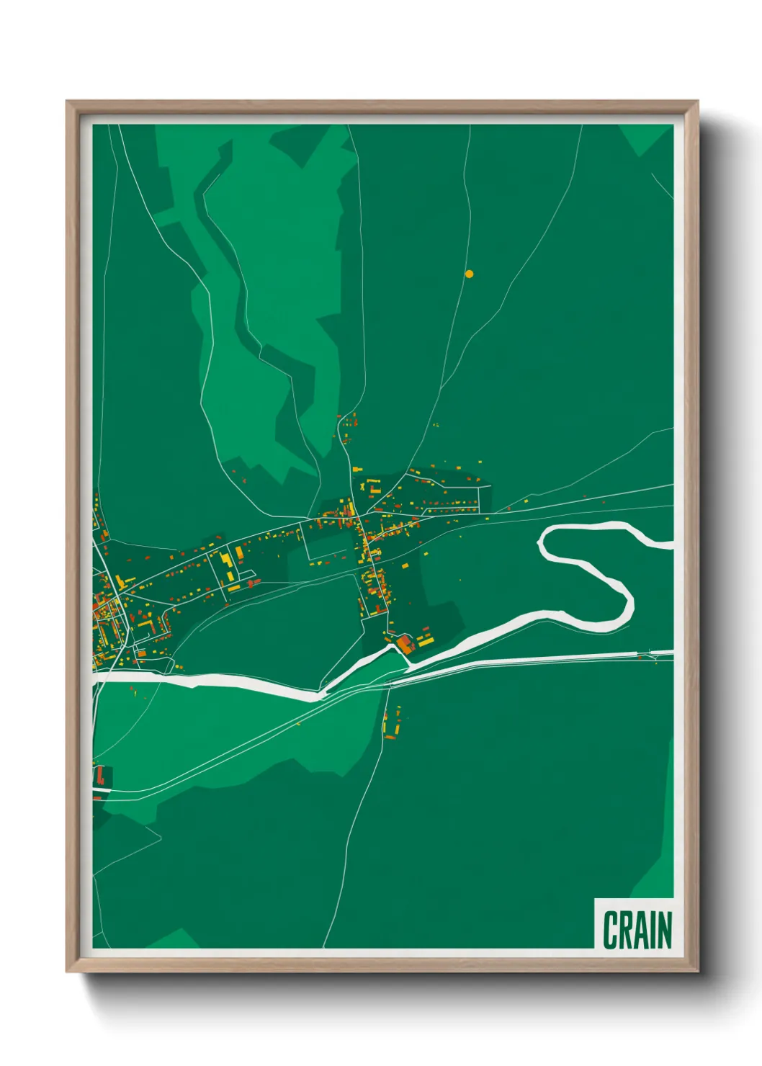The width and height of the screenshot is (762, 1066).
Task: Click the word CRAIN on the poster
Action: [x=637, y=929]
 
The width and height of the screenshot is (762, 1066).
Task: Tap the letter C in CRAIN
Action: [x=611, y=929]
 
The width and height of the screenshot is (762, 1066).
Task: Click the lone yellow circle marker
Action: [x=469, y=274]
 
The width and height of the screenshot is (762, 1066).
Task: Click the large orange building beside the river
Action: [x=405, y=643]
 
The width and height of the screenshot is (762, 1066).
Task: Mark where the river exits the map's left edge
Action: [x=96, y=678]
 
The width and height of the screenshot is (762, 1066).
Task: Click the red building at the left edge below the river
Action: [x=100, y=776]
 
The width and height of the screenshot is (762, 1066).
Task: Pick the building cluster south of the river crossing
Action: [x=391, y=723]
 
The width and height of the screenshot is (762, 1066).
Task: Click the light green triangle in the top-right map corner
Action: [x=642, y=138]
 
